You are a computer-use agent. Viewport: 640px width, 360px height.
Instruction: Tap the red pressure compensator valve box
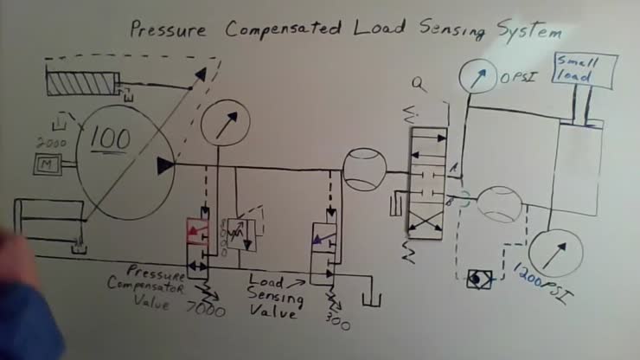tap(199, 233)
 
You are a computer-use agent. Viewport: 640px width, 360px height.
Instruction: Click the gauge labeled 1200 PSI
tap(554, 254)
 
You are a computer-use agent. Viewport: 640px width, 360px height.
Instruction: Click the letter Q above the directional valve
tap(419, 85)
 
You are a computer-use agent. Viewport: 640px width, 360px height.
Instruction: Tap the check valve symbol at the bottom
tap(476, 280)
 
